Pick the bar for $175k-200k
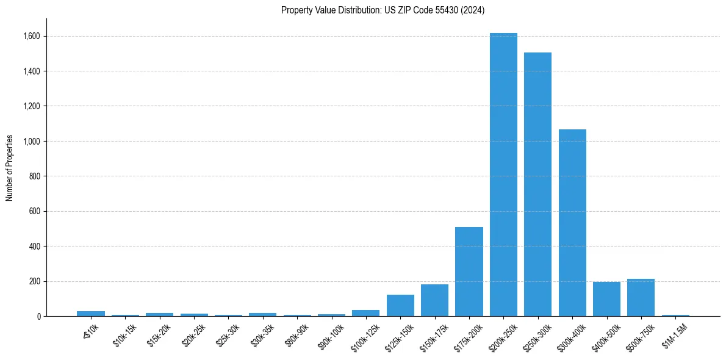tap(469, 272)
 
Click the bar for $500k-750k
tap(641, 298)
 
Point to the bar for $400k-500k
tap(606, 299)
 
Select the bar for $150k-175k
tap(434, 300)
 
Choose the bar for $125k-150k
tap(400, 305)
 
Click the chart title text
tap(383, 10)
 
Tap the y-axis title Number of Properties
tap(10, 167)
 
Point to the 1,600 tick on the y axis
tap(32, 36)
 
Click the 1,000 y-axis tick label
tap(32, 141)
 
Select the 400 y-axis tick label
tap(35, 247)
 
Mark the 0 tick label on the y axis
tap(38, 317)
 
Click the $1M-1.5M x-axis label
tap(673, 334)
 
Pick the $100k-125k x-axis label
tap(364, 336)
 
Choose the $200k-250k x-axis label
tap(501, 336)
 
